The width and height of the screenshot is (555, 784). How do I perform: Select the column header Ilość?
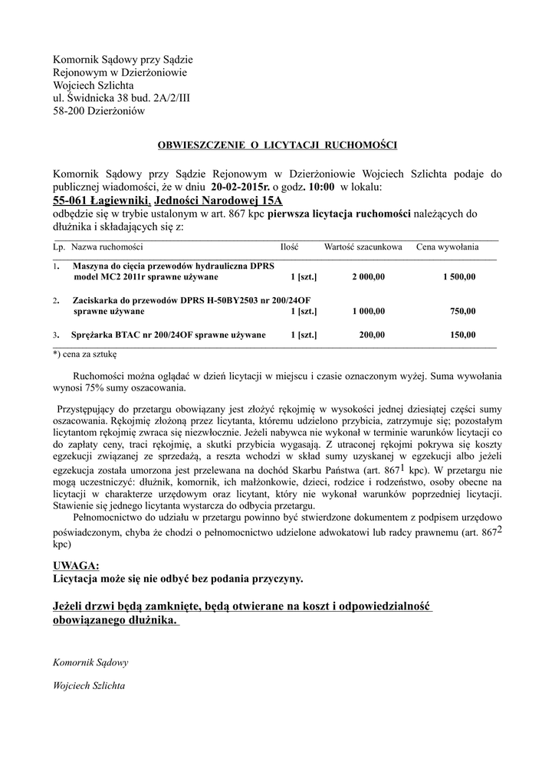(x=289, y=247)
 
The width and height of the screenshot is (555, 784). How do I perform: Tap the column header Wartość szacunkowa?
(x=363, y=247)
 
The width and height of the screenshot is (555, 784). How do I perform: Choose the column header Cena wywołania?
(x=448, y=247)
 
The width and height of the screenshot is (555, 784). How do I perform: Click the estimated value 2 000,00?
(x=369, y=276)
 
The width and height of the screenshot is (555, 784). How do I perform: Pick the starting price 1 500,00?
(x=458, y=276)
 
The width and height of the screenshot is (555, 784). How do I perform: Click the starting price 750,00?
(x=462, y=312)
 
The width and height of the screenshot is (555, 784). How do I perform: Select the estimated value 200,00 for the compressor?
(x=372, y=335)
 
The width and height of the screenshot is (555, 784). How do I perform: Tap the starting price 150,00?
(x=462, y=335)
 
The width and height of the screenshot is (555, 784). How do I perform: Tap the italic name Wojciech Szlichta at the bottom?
(x=89, y=686)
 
